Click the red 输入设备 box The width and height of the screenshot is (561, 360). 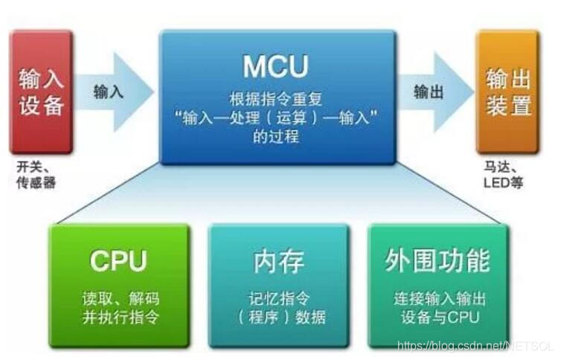click(x=41, y=91)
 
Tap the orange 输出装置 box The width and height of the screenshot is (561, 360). click(x=509, y=91)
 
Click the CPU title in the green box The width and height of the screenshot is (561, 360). click(x=119, y=260)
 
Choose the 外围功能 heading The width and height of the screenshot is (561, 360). click(x=438, y=261)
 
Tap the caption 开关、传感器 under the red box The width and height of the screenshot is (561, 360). click(x=36, y=174)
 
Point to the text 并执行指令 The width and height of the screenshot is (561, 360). click(x=120, y=316)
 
